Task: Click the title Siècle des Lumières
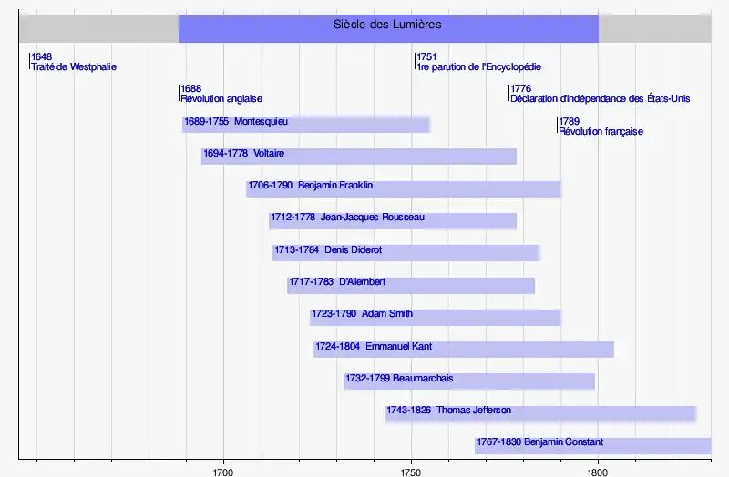click(x=388, y=25)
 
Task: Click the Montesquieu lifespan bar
click(x=306, y=124)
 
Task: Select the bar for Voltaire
click(x=359, y=156)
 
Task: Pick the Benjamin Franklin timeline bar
click(x=404, y=188)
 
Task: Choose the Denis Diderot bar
click(x=406, y=252)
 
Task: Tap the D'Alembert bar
click(x=411, y=285)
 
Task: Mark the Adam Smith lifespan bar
click(x=436, y=317)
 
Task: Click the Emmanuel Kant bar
click(x=464, y=349)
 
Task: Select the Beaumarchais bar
click(x=469, y=381)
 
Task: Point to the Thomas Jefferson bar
click(x=540, y=413)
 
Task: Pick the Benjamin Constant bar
click(x=592, y=445)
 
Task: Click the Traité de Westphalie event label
click(x=74, y=66)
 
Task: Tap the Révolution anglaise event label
click(x=222, y=98)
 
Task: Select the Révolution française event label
click(x=601, y=131)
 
